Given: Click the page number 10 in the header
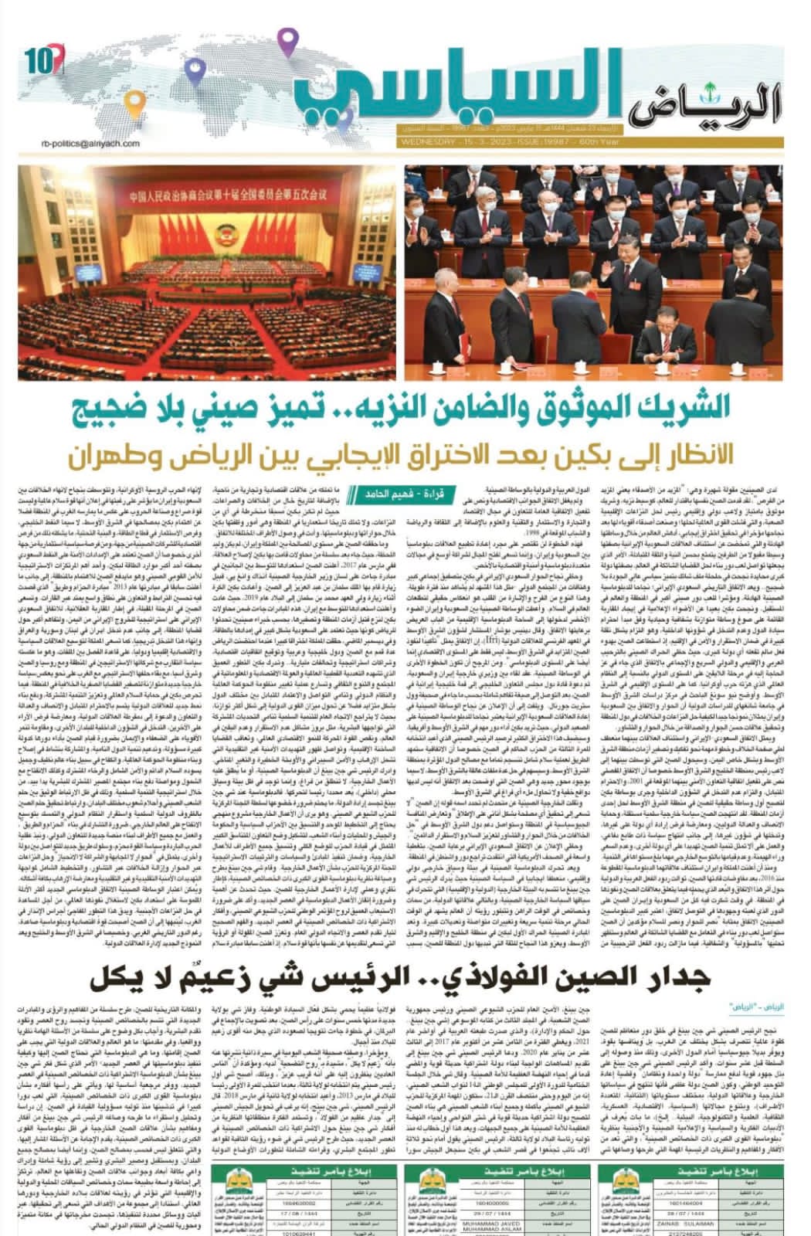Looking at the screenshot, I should [35, 59].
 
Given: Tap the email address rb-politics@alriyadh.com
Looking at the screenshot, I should [92, 143].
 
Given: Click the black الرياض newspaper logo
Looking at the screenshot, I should [715, 103].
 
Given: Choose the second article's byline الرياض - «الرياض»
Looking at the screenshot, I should [752, 1007].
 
